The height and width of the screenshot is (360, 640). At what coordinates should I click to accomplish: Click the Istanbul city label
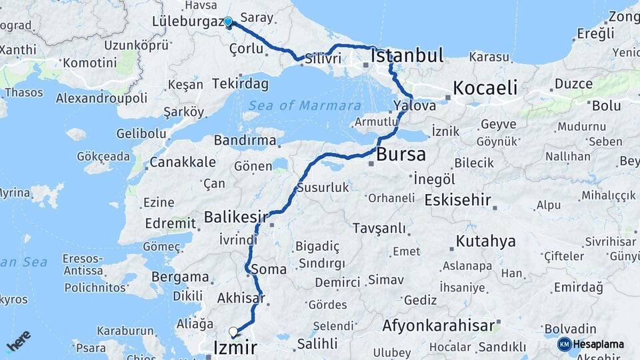tap(407, 55)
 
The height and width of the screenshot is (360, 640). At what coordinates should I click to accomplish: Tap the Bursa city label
tap(401, 155)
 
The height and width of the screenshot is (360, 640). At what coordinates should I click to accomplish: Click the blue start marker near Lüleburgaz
tap(228, 22)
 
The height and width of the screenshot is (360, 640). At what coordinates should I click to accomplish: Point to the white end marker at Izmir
tap(233, 331)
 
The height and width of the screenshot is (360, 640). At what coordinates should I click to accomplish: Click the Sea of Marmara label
tap(305, 105)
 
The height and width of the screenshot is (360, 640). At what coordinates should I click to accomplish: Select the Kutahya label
tap(485, 241)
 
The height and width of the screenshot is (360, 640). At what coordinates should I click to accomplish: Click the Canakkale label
tap(182, 162)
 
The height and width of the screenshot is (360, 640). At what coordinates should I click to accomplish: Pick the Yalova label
tap(415, 106)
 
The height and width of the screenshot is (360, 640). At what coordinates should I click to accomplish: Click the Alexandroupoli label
tap(101, 98)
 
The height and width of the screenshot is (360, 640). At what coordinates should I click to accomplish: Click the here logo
tap(19, 340)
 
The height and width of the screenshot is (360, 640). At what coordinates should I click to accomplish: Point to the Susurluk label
tap(323, 187)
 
